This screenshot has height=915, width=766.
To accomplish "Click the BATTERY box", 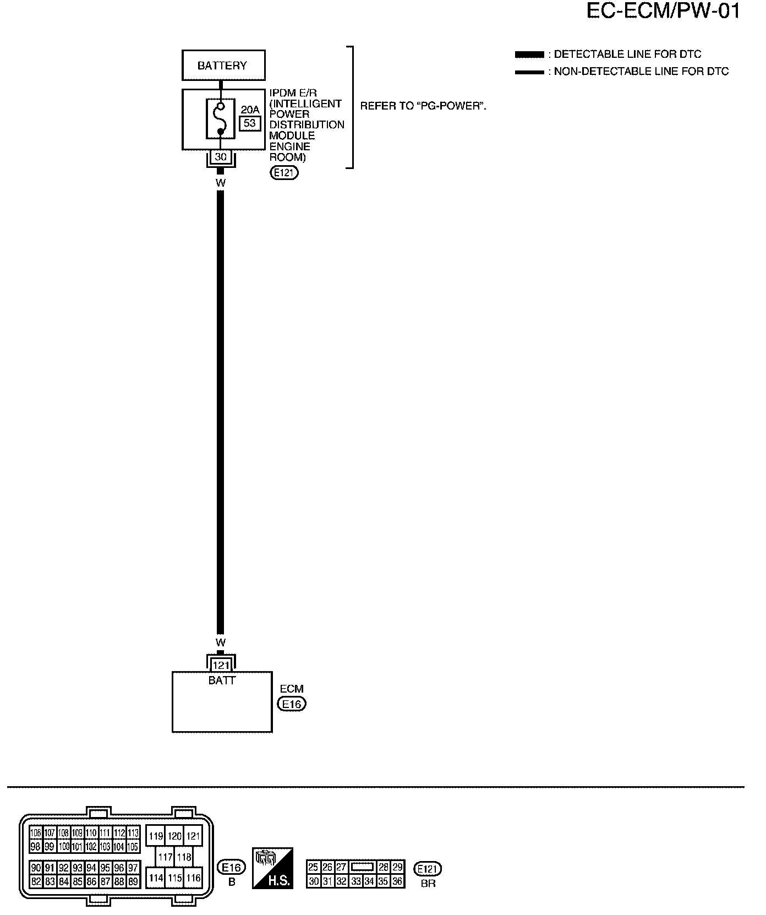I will click(x=223, y=66).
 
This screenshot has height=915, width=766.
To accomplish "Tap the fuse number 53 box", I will click(x=250, y=123).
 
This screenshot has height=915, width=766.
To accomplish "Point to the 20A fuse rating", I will click(x=250, y=110).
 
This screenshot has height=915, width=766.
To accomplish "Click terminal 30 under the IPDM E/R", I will click(x=221, y=157).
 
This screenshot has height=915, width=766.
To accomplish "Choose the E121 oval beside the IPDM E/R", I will click(x=284, y=173).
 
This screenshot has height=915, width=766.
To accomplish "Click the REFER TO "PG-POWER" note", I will click(x=423, y=106).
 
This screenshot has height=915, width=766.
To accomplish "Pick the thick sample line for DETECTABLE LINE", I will click(x=529, y=55).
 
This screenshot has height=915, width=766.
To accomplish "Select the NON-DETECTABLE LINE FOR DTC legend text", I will click(x=641, y=72).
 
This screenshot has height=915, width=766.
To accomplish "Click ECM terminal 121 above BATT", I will click(x=221, y=666).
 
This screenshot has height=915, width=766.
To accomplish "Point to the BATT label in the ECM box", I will click(x=222, y=680).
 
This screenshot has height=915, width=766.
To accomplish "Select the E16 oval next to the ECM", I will click(x=292, y=704).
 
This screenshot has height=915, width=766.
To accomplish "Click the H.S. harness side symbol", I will click(x=272, y=867).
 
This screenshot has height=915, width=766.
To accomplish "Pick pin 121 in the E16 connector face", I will click(x=193, y=836).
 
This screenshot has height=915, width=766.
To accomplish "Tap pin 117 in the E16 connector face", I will click(x=165, y=857).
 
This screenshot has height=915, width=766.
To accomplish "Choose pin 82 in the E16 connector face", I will click(x=36, y=881).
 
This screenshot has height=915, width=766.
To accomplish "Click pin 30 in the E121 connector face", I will click(x=314, y=881).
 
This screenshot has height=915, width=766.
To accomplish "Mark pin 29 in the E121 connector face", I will click(x=397, y=867).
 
